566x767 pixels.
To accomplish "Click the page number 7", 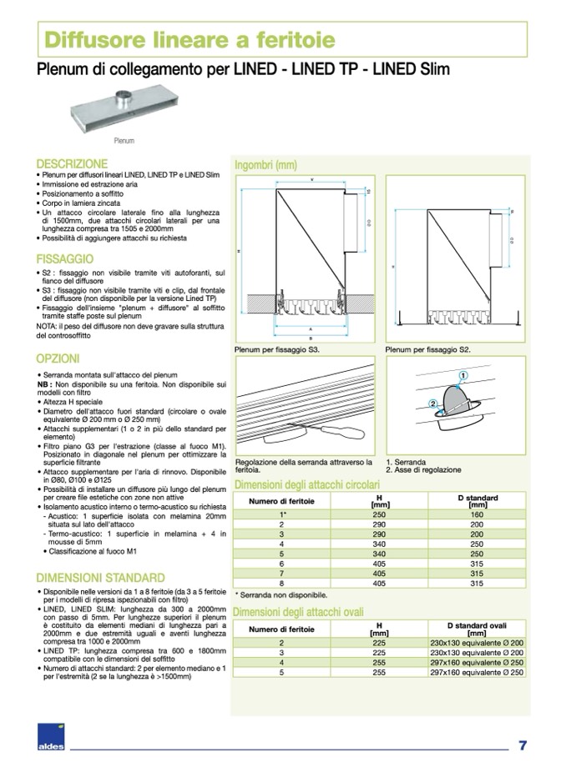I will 522,744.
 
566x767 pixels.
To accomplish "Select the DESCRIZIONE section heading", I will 72,164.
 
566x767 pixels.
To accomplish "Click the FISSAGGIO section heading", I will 65,259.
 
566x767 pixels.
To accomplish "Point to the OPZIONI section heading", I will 58,359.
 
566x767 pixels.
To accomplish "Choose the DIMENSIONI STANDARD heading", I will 100,578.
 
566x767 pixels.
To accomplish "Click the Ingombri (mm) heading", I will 266,164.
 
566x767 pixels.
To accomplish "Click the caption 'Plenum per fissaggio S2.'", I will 427,351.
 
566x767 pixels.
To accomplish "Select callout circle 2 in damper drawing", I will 433,403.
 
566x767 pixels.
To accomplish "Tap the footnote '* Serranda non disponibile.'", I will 280,595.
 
